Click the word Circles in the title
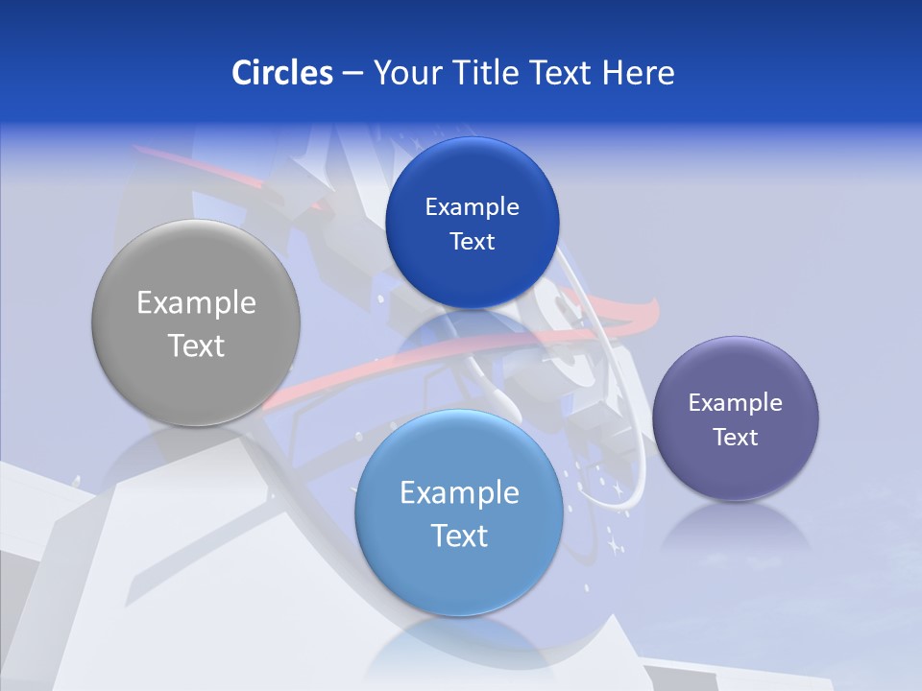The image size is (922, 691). (x=281, y=73)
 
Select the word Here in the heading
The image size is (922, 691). (x=638, y=73)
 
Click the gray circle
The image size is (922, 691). (x=196, y=323)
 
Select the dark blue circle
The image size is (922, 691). (x=472, y=223)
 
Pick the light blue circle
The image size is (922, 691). (x=459, y=513)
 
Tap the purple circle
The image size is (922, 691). (x=736, y=418)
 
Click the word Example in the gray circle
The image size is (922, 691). (x=196, y=303)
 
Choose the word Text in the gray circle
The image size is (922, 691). (x=196, y=345)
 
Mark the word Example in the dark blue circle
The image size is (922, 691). (x=472, y=206)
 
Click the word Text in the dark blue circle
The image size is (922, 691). (x=472, y=241)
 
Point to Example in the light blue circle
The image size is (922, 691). (x=459, y=493)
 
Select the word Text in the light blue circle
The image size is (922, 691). (x=459, y=536)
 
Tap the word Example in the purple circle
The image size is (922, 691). (x=736, y=402)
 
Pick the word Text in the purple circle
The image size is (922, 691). (x=736, y=438)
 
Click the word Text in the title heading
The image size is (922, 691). (x=561, y=73)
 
